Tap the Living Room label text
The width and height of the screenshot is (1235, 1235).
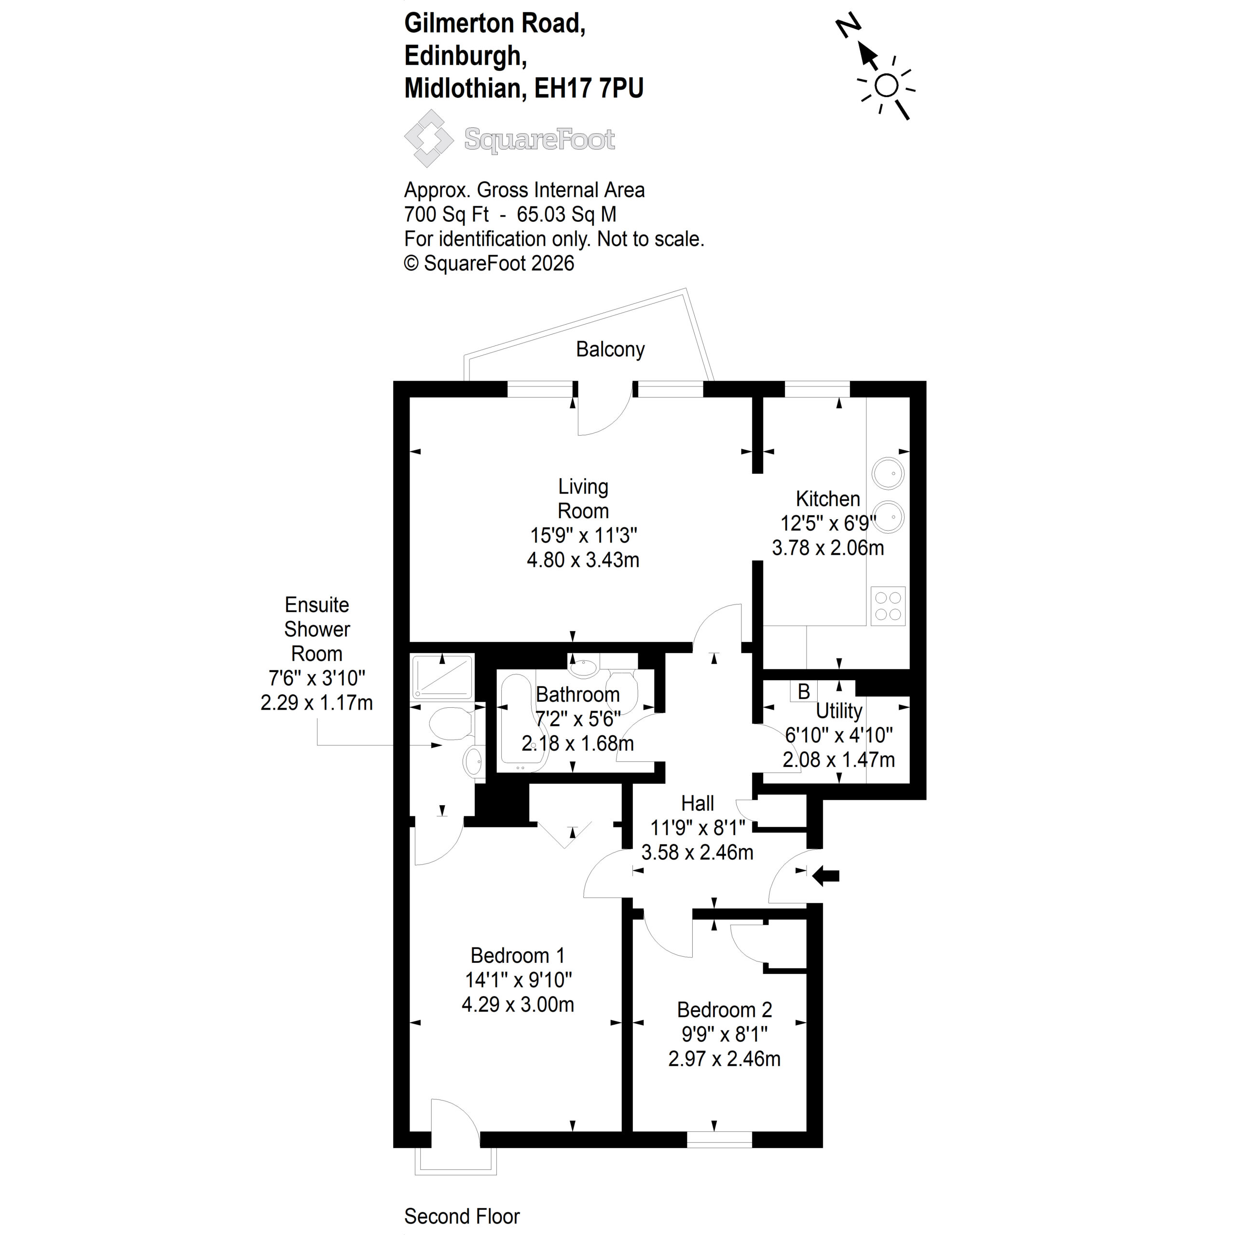(583, 499)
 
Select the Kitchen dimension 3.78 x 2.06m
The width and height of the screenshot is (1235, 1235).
(828, 548)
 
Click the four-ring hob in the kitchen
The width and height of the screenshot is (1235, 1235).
(888, 606)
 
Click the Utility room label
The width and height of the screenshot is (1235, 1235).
(838, 710)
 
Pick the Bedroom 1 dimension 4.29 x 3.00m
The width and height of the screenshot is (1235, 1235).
(518, 1004)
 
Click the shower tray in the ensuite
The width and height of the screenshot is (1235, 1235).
(442, 676)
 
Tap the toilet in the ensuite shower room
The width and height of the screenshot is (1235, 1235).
(451, 725)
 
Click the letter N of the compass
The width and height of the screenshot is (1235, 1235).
(849, 27)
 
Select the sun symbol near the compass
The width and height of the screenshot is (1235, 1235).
(886, 86)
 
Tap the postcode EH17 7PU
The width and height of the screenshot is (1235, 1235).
(589, 88)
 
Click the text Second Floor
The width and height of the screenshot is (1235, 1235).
(462, 1216)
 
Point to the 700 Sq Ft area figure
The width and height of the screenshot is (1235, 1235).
(446, 214)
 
